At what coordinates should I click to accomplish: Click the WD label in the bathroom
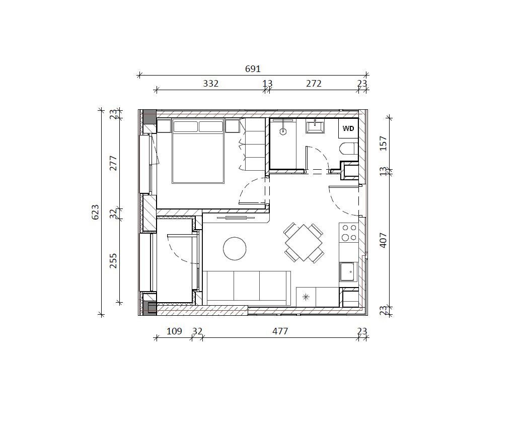[348, 128]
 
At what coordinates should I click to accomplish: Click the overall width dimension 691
[253, 68]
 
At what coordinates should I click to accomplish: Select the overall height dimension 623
[95, 212]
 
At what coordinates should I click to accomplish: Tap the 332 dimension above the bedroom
[210, 84]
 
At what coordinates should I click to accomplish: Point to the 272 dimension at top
[314, 84]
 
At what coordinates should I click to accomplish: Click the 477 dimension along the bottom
[280, 331]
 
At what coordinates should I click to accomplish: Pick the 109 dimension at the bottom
[174, 331]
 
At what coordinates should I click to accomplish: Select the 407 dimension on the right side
[384, 240]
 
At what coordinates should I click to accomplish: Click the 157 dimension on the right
[384, 144]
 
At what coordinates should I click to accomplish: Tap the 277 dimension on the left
[113, 163]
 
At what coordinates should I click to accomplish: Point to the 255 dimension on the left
[113, 260]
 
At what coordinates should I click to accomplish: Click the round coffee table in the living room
[235, 248]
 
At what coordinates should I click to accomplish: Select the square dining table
[304, 243]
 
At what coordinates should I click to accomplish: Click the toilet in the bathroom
[349, 149]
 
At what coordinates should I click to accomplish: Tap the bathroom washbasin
[315, 126]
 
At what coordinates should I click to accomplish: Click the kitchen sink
[348, 271]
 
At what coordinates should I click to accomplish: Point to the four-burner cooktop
[348, 233]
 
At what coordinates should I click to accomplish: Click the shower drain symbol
[283, 131]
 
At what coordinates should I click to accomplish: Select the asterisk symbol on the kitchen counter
[306, 297]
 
